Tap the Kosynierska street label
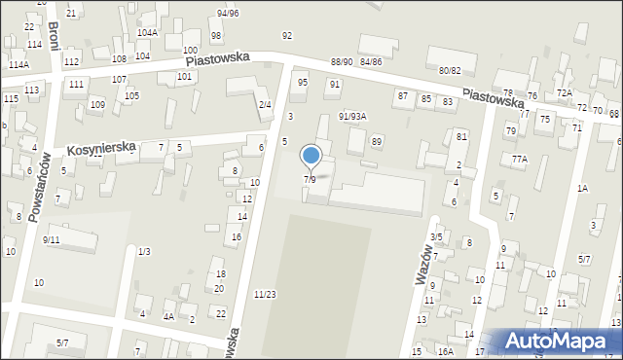pos(100,149)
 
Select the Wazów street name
pos(423,263)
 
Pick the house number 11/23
pos(265,294)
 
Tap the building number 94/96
pos(228,13)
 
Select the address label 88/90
pos(342,62)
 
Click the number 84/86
pos(371,62)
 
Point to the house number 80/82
pos(449,70)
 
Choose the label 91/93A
pos(352,116)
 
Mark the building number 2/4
pos(265,104)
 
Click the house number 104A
pos(147,32)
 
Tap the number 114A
pos(18,64)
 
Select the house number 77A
pos(520,159)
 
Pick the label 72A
pos(564,92)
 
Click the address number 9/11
pos(51,239)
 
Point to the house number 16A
pos(445,351)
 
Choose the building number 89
pos(377,142)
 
